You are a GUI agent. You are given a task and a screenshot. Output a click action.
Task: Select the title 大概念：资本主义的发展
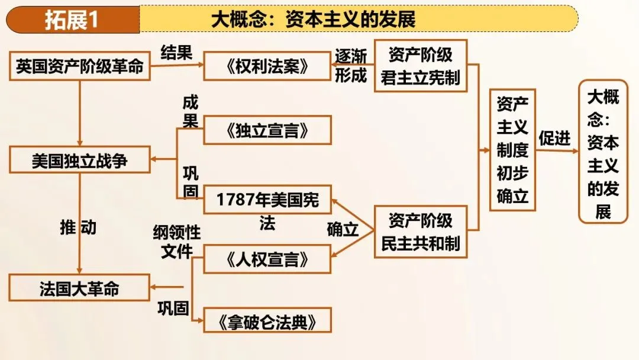coord(314,20)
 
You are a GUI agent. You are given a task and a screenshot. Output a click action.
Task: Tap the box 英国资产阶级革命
coord(80,66)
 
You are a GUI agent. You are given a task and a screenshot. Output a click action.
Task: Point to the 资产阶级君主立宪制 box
coord(421,66)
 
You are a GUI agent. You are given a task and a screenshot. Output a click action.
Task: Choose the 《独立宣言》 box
coord(267,130)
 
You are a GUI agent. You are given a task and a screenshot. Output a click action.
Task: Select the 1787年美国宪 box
coord(267,200)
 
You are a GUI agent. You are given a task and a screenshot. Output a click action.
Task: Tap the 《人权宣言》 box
coord(267,259)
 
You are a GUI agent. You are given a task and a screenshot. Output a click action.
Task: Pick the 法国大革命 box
coord(80,288)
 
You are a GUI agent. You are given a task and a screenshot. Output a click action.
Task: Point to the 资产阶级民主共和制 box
coord(421,232)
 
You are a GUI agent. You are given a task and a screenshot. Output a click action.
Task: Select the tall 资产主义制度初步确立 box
coord(512,150)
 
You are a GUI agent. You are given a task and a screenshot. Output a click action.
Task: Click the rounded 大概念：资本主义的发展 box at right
coord(603,152)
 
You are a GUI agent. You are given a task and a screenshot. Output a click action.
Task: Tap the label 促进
coord(554,138)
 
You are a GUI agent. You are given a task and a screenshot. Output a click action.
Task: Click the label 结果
coord(176,53)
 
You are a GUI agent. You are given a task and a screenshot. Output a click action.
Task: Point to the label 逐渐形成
coord(351,66)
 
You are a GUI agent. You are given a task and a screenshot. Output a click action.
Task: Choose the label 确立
coord(343,230)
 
